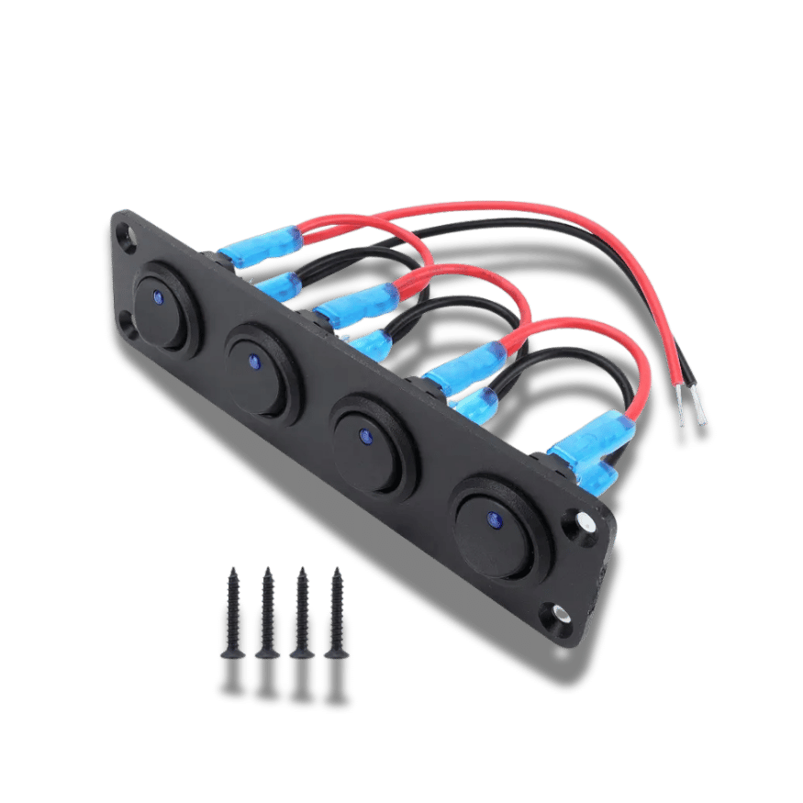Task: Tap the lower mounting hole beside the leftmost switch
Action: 124,321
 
